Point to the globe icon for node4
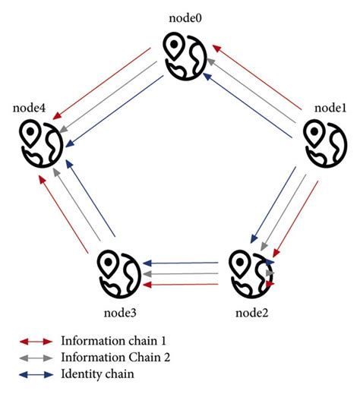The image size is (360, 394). coord(38,144)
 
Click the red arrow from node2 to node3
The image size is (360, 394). coord(182,284)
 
